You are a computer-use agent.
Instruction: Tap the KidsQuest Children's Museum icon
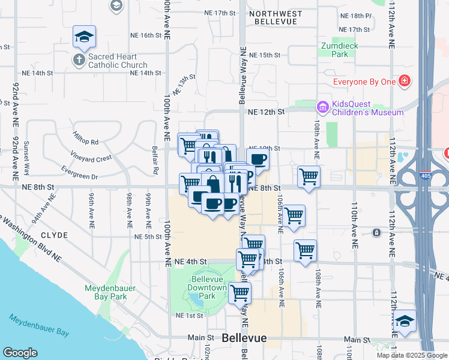pos(322,107)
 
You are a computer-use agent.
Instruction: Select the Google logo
pos(20,353)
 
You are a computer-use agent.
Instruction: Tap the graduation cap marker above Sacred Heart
pos(84,37)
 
